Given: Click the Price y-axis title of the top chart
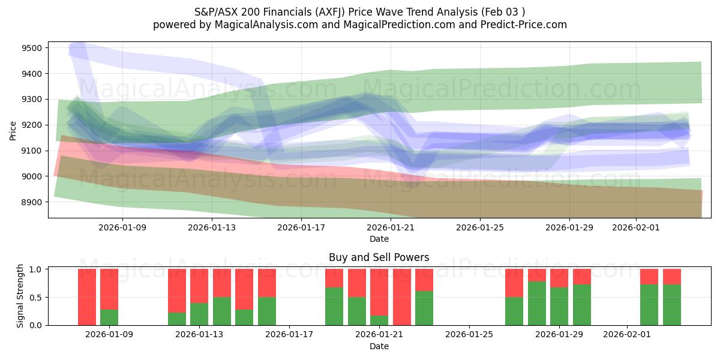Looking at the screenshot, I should (13, 130).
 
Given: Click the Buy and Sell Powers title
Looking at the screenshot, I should (379, 257).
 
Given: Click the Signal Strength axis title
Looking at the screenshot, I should (20, 296).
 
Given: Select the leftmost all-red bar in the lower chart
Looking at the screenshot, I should (87, 297).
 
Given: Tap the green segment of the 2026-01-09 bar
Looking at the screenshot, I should (109, 317).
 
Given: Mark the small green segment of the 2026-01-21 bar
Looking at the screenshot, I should (379, 320).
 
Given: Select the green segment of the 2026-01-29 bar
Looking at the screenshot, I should (559, 306).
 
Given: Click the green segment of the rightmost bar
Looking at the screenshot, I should (672, 305).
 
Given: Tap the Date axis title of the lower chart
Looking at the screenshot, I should (379, 346).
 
